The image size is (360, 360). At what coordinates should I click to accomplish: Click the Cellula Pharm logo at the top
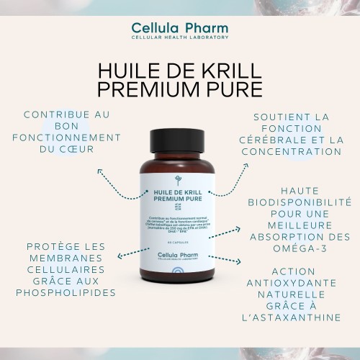coord(180,27)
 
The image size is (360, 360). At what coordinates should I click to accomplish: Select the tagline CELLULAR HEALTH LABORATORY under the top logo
coord(180,37)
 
